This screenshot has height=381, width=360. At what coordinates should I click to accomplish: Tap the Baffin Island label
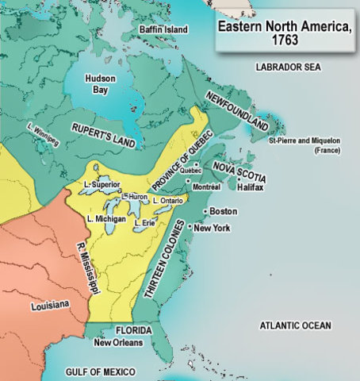[165, 30]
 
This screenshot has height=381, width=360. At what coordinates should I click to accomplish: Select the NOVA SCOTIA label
[239, 171]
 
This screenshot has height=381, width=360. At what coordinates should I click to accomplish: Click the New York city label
[212, 228]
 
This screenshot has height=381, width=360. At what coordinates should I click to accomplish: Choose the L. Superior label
[101, 185]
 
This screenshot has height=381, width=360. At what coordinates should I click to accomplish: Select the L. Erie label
[144, 223]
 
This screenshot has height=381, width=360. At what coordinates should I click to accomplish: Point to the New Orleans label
[117, 343]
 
